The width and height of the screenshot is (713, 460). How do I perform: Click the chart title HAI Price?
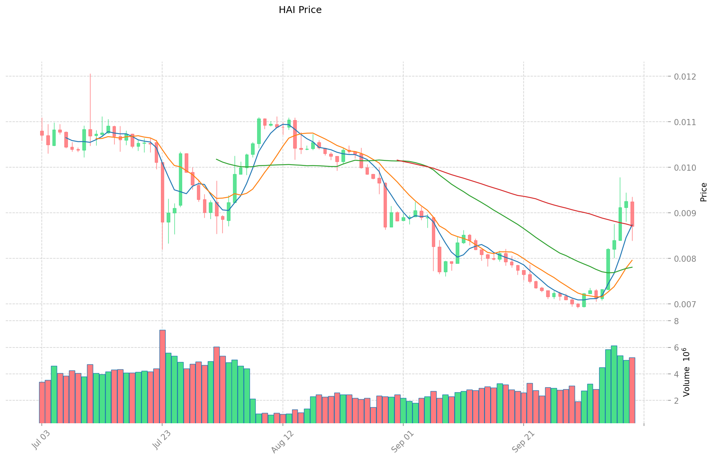coord(300,10)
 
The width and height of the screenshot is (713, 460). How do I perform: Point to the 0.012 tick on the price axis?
coord(685,77)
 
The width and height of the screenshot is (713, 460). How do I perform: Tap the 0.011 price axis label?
coord(685,122)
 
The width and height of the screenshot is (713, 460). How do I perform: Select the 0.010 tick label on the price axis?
coord(685,168)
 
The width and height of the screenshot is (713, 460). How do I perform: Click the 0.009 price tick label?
coord(685,213)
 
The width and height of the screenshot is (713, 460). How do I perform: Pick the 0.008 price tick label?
coord(685,259)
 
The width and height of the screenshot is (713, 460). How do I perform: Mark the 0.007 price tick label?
coord(685,304)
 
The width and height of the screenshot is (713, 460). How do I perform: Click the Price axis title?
coord(703,192)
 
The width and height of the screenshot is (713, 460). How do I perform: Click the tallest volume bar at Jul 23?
coord(163,375)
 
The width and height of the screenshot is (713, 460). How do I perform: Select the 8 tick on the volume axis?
coord(677,321)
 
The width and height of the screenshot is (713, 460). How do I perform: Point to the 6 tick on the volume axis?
coord(677,347)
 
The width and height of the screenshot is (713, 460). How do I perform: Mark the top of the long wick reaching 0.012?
coord(90,74)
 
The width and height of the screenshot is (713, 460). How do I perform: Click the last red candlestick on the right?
coord(632,214)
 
